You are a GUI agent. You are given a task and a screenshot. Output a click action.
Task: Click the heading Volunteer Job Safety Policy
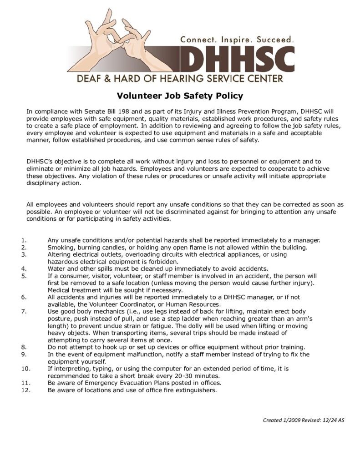coord(180,96)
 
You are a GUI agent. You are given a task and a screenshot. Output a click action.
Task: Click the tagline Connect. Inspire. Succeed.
coord(237,40)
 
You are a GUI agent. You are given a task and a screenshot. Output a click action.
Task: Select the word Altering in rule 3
coord(60,255)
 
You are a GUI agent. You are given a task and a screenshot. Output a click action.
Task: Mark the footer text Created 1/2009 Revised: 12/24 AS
coord(304,420)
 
